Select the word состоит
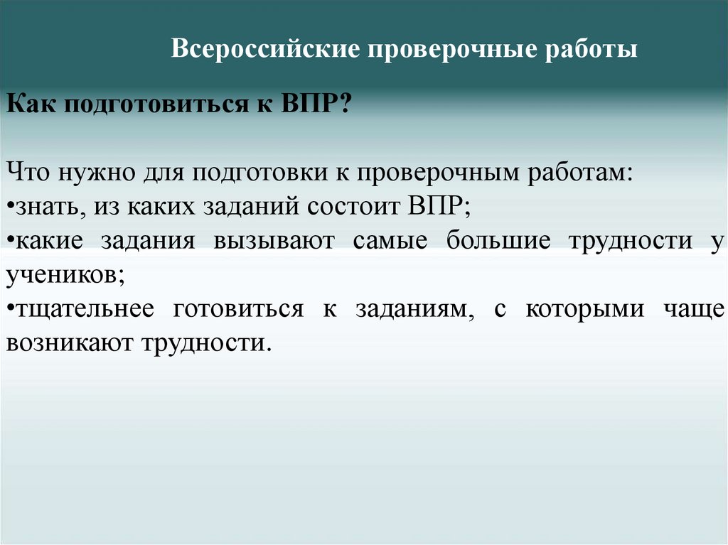point(356,207)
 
